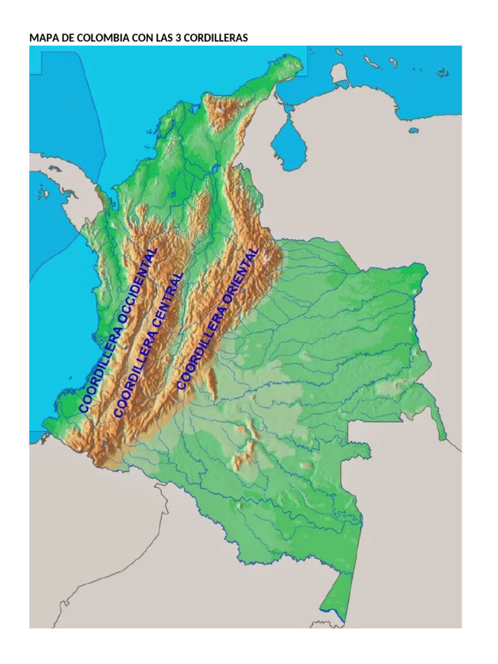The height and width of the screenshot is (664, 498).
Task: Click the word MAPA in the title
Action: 42,38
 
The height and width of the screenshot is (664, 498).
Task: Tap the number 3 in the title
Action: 178,38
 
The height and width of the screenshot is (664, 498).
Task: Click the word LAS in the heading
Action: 162,38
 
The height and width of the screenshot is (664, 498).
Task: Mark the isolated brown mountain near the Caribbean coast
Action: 220,110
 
